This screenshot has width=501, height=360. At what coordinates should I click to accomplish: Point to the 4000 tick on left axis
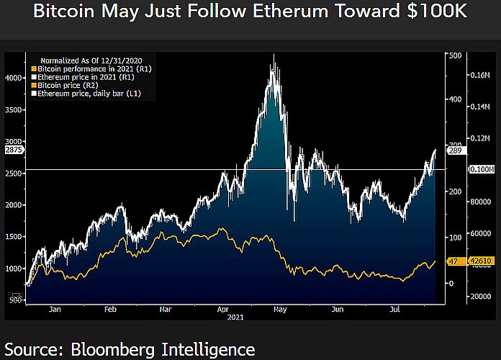pyautogui.click(x=14, y=78)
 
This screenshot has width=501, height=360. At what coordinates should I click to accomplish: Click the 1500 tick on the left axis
pyautogui.click(x=14, y=236)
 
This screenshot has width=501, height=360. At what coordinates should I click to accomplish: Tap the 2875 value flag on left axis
pyautogui.click(x=13, y=150)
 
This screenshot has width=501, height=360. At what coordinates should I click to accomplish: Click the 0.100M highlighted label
pyautogui.click(x=480, y=169)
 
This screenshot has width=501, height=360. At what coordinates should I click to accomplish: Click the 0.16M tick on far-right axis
pyautogui.click(x=480, y=75)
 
